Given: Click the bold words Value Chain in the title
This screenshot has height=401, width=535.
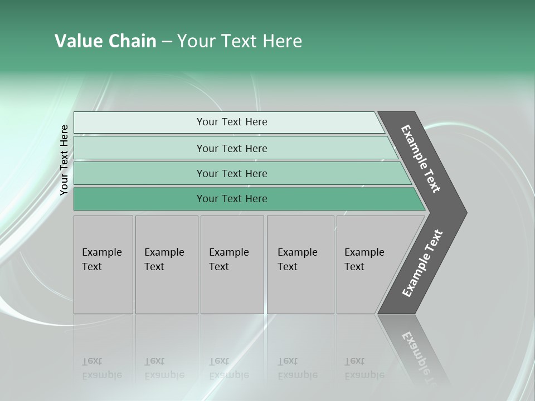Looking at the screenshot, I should [105, 41].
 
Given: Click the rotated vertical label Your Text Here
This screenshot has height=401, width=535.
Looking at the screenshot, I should [64, 160].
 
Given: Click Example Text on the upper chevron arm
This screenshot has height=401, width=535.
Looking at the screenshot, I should [421, 159].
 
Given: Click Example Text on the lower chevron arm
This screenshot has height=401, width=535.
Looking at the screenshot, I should [422, 263].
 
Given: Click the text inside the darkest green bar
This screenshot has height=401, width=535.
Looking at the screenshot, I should [232, 199].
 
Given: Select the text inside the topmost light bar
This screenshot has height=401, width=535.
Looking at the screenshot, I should [232, 122].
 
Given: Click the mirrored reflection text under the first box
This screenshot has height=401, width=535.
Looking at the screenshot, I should [102, 368].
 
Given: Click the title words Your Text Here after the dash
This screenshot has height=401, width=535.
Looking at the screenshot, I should [240, 41].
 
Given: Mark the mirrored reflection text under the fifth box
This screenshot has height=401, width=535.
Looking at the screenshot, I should [364, 368].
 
